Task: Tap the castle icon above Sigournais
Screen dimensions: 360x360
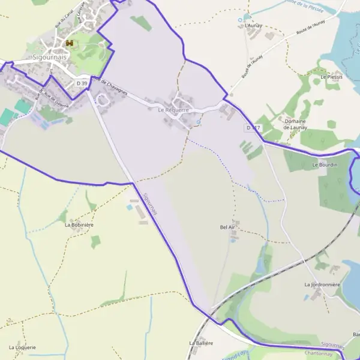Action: click(70, 44)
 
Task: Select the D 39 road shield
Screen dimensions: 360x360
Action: click(82, 83)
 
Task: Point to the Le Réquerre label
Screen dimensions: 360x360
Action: click(173, 110)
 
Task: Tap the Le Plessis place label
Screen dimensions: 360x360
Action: click(331, 77)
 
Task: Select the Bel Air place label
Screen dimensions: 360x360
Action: click(227, 228)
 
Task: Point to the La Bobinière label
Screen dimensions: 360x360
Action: click(79, 225)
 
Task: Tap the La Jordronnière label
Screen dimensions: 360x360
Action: click(323, 284)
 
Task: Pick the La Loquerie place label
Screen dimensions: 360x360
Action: click(23, 347)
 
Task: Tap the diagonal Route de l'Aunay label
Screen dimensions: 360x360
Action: click(252, 61)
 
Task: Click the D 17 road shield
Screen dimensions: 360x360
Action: click(253, 128)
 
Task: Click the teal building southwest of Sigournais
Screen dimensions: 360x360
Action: click(23, 107)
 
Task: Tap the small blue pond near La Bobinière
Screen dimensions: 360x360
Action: click(129, 208)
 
